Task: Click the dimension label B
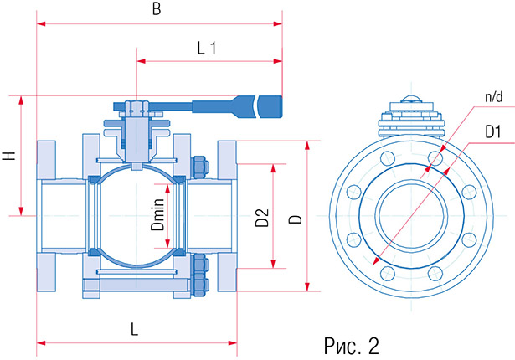coord(157,9)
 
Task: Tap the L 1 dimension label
coord(207,49)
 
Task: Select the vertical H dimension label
coord(10,156)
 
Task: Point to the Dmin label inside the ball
coord(158,214)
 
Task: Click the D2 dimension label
coord(262,218)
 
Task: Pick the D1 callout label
coord(493,132)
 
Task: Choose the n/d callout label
coord(494,97)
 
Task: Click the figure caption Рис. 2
coord(352,346)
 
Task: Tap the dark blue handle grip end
coord(270,106)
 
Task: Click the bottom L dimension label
coord(134,329)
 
